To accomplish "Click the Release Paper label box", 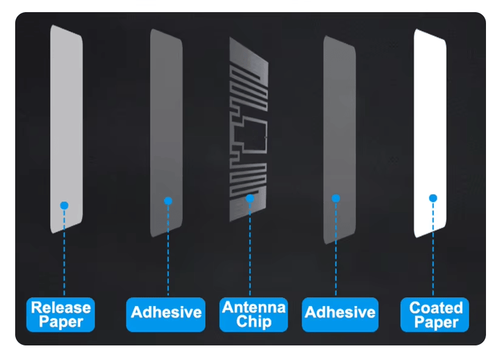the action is pyautogui.click(x=61, y=314).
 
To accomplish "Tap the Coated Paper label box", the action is pyautogui.click(x=435, y=314).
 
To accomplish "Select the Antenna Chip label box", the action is pyautogui.click(x=254, y=314).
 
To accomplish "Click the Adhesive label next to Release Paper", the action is pyautogui.click(x=166, y=314).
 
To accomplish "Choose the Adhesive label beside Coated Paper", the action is pyautogui.click(x=340, y=314).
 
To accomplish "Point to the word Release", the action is pyautogui.click(x=61, y=307).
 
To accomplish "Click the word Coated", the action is pyautogui.click(x=436, y=308).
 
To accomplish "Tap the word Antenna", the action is pyautogui.click(x=254, y=307).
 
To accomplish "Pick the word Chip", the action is pyautogui.click(x=254, y=322).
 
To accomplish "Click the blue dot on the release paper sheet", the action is pyautogui.click(x=64, y=205).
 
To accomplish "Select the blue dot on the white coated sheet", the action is pyautogui.click(x=433, y=198).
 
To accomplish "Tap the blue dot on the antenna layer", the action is pyautogui.click(x=250, y=199).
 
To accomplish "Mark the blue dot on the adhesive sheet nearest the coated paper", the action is pyautogui.click(x=336, y=198).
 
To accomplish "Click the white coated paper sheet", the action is pyautogui.click(x=430, y=133).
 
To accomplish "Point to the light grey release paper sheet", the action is pyautogui.click(x=66, y=129).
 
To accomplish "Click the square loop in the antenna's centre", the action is pyautogui.click(x=255, y=136).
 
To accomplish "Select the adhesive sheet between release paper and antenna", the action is pyautogui.click(x=166, y=133).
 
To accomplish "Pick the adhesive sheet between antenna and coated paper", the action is pyautogui.click(x=340, y=140).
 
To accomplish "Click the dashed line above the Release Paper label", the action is pyautogui.click(x=64, y=253).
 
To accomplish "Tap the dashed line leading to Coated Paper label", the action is pyautogui.click(x=433, y=249).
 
